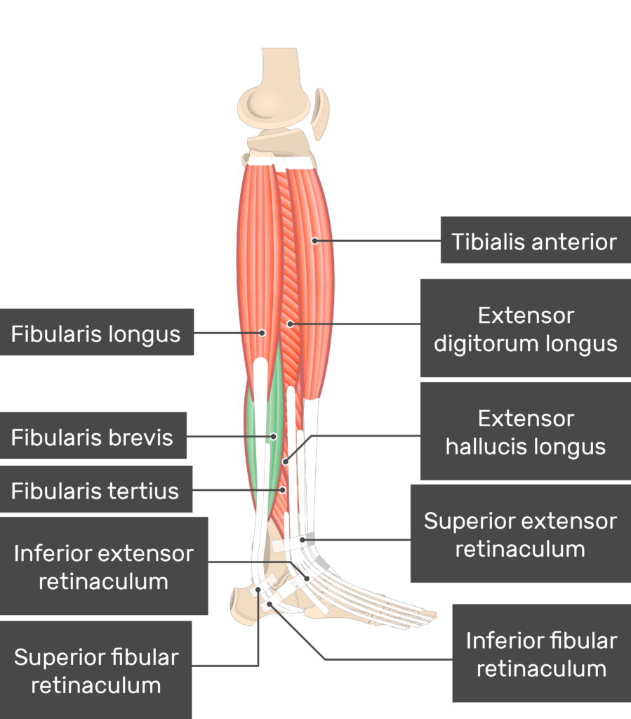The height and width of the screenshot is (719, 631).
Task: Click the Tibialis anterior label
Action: [534, 243]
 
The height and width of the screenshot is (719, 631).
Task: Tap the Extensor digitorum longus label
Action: [525, 329]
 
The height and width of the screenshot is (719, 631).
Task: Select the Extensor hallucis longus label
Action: [525, 433]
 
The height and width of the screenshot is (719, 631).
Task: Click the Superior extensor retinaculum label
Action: [520, 534]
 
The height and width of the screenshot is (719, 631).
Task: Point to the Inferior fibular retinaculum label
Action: [541, 654]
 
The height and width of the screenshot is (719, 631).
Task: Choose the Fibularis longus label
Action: [95, 334]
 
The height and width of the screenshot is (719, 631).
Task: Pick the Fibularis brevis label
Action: [92, 438]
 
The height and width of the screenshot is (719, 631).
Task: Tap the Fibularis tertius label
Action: [95, 491]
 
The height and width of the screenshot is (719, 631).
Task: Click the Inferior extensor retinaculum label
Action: [103, 567]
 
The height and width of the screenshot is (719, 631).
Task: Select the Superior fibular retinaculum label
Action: [96, 671]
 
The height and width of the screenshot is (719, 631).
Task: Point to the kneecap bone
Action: [321, 112]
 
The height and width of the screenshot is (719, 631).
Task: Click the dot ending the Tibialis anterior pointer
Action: [315, 241]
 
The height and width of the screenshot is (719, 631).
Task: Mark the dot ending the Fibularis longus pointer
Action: [262, 332]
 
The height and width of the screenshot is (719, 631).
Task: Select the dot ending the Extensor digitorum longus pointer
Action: [291, 324]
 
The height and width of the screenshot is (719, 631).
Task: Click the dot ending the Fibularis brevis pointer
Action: [274, 437]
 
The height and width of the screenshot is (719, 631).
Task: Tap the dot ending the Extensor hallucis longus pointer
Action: [285, 461]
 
